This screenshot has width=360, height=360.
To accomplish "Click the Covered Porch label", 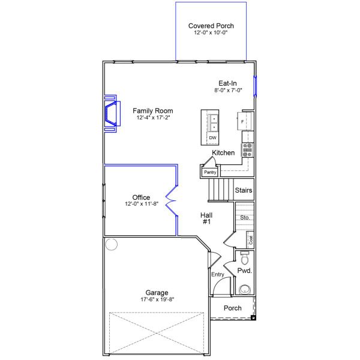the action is (211, 26).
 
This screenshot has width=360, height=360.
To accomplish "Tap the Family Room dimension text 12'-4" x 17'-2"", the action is (153, 118).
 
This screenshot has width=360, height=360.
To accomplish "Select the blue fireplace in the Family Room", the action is (113, 113).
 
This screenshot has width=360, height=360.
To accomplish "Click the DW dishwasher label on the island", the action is (212, 138).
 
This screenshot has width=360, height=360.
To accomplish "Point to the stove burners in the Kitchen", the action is (247, 150).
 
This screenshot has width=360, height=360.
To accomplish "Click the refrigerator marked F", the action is (242, 121).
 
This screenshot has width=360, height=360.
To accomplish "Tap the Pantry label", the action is (210, 172).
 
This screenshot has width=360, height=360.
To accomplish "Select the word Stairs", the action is (244, 190).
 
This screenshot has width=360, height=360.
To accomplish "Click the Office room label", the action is (141, 197).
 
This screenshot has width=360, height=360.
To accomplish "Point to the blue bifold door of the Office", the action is (171, 200).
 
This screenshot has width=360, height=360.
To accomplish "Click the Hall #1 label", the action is (206, 218).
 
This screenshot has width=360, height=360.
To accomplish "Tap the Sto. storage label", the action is (245, 217).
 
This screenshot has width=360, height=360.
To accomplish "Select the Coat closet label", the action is (250, 240).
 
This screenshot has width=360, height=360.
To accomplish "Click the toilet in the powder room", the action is (245, 257).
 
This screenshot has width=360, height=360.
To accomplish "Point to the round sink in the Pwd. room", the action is (245, 290).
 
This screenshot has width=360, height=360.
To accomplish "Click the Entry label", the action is (217, 275).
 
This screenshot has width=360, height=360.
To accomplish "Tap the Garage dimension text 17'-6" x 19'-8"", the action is (157, 299).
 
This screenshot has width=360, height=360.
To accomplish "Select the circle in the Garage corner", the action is (112, 244).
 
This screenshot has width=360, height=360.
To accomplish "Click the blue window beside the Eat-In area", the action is (255, 86).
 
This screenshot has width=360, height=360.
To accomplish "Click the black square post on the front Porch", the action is (253, 318).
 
